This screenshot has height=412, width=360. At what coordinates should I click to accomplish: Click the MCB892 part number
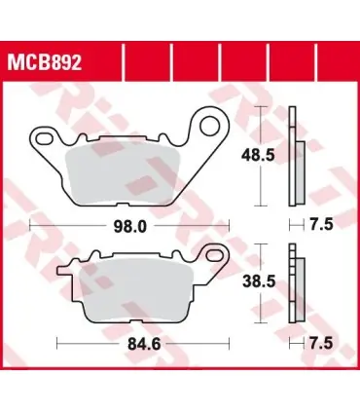coord(45,62)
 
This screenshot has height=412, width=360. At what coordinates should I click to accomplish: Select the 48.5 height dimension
coord(258,156)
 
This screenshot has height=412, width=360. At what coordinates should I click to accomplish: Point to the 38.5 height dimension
coord(259,281)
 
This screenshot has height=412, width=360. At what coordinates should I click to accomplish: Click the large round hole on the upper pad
coord(209,127)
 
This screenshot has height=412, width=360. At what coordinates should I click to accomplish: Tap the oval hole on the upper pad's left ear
coord(45,138)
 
